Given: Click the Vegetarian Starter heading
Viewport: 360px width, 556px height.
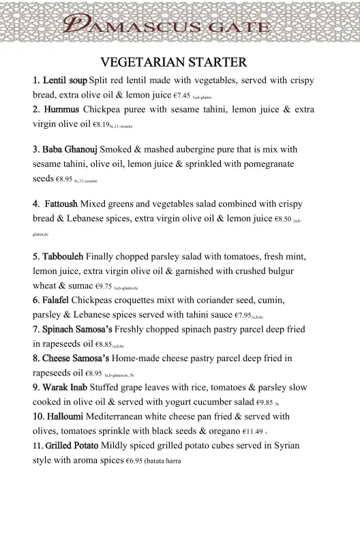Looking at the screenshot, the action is pyautogui.click(x=173, y=63).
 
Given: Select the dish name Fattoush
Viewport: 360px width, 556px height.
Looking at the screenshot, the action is pyautogui.click(x=58, y=204).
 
